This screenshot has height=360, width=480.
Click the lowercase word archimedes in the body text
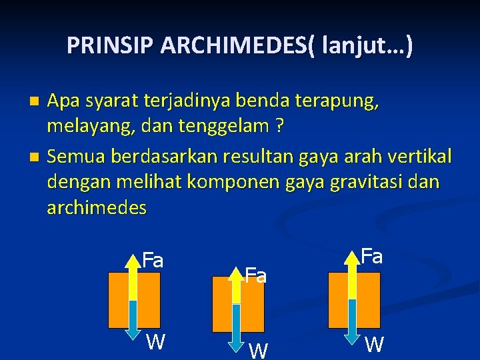tap(97, 207)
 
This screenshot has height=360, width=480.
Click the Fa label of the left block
tap(153, 261)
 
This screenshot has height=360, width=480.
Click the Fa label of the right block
tap(371, 256)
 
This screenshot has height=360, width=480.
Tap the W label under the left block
tap(156, 342)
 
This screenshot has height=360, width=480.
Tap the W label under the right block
tap(375, 344)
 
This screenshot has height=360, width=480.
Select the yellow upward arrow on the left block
tap(133, 277)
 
